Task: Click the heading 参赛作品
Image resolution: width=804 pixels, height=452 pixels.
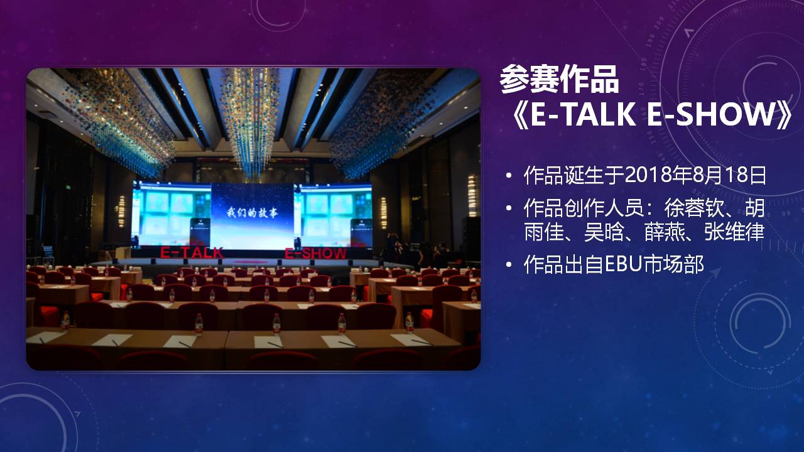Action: tap(559, 79)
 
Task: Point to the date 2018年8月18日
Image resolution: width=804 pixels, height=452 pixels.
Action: tap(695, 175)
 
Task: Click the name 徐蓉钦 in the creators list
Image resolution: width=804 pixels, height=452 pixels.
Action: tap(695, 208)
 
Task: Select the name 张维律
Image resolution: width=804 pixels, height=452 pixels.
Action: tap(734, 232)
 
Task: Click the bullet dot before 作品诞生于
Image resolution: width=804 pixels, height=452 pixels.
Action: tap(508, 175)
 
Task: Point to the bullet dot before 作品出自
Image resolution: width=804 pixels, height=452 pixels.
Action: tap(508, 265)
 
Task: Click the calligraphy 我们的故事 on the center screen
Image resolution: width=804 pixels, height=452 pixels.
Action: tap(252, 212)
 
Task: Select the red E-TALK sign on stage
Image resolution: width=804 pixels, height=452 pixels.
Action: tap(192, 253)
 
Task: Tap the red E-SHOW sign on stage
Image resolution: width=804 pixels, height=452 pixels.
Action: tap(316, 254)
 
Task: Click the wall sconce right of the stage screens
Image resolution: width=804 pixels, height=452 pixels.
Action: tap(384, 213)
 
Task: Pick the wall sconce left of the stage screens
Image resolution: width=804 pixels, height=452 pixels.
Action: tap(122, 212)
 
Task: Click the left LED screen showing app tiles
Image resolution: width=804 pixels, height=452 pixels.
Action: tap(171, 215)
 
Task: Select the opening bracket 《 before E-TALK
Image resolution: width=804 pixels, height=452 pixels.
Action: tap(519, 114)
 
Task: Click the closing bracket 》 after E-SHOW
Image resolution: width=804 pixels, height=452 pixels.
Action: tap(785, 114)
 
